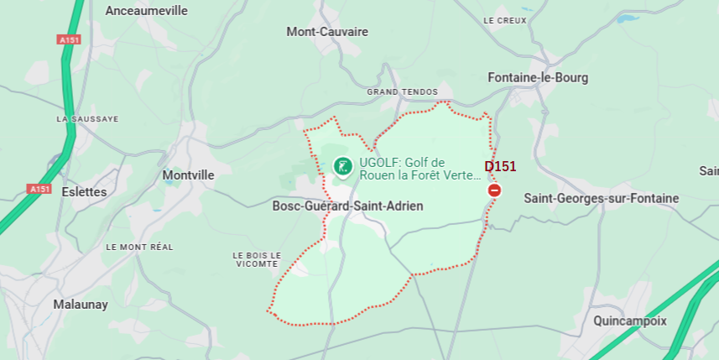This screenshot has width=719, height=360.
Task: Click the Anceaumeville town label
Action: (x=147, y=11)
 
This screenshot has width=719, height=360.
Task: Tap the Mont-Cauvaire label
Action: (x=327, y=32)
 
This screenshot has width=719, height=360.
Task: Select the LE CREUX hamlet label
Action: (x=505, y=20)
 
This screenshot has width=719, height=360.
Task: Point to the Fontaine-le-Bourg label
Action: (x=538, y=77)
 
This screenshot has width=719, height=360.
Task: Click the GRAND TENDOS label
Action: (x=403, y=91)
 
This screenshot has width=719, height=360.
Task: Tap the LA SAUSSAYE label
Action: (x=87, y=119)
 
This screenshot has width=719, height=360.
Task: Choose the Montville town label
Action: (x=188, y=175)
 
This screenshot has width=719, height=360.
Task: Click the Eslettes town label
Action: (x=84, y=191)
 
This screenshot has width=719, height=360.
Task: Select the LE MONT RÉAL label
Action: (x=139, y=247)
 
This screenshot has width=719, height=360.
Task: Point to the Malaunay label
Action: (x=81, y=305)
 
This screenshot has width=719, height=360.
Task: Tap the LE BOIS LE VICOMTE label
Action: (x=256, y=259)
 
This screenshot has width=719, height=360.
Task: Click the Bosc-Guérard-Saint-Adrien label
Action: (x=347, y=206)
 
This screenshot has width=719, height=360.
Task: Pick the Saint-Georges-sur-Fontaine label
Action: (x=601, y=198)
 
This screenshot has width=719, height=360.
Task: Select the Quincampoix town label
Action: (x=629, y=321)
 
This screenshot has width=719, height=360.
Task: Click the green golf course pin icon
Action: (x=342, y=166)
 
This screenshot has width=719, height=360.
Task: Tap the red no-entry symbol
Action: (x=494, y=191)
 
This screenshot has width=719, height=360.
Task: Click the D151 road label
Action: (x=500, y=166)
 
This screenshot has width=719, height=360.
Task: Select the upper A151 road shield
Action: (x=69, y=39)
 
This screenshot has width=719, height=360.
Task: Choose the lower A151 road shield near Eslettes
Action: (x=39, y=189)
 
